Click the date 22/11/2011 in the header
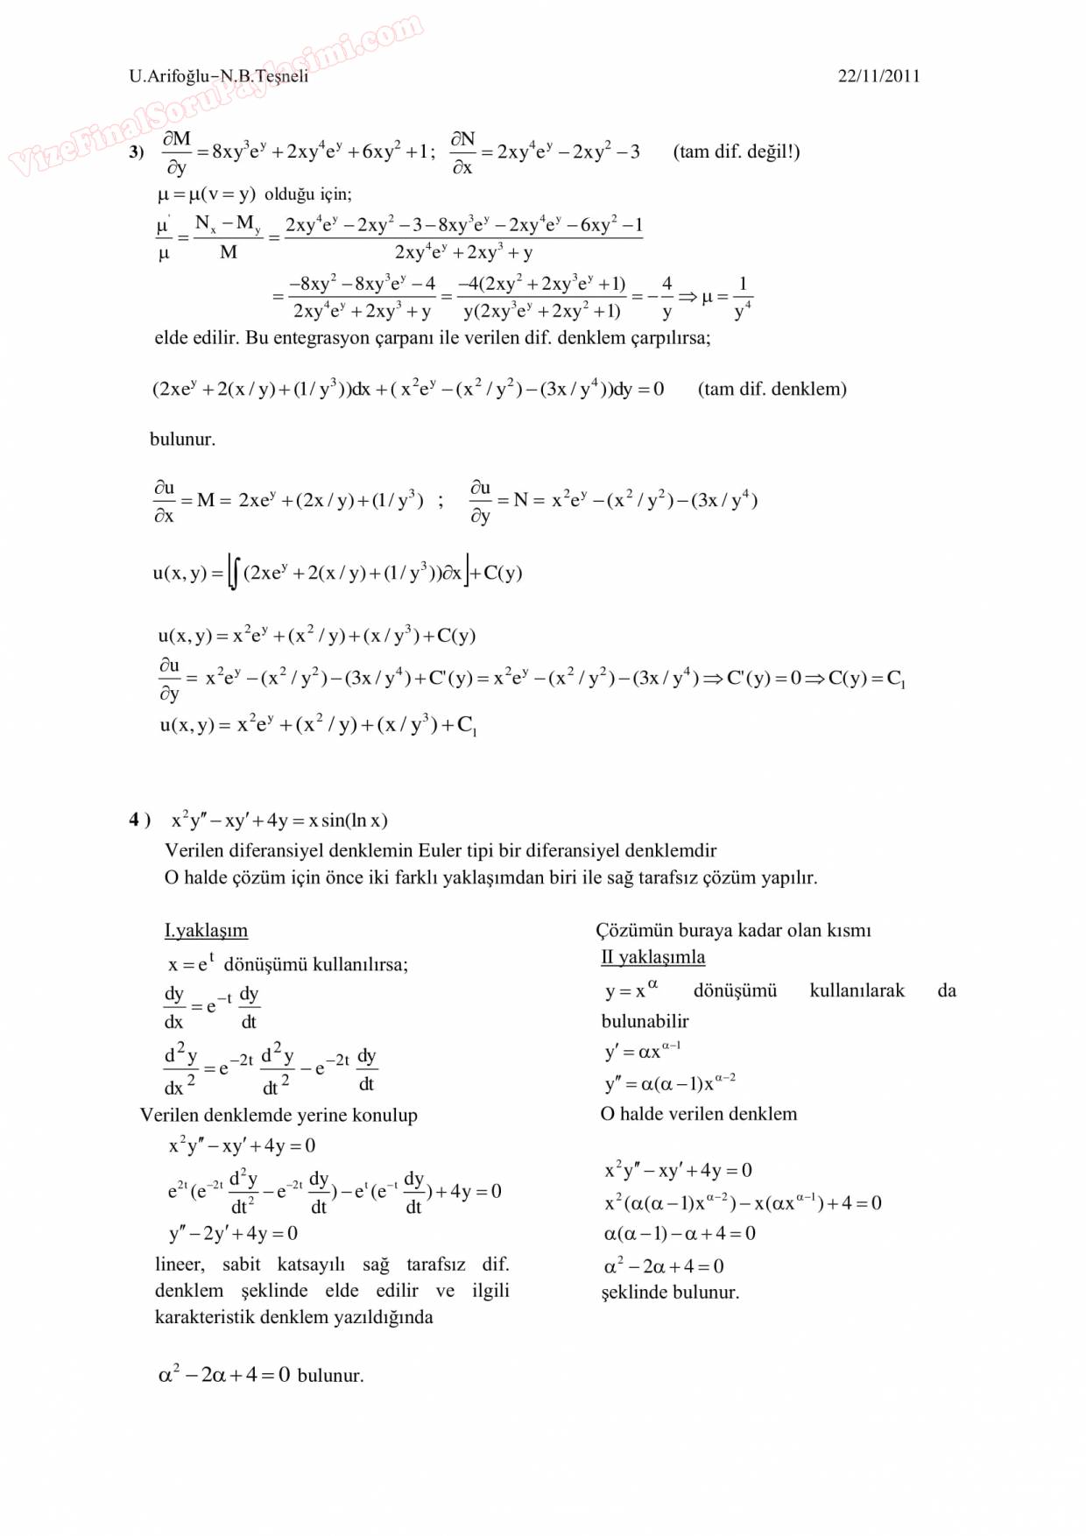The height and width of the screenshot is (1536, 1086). [x=878, y=76]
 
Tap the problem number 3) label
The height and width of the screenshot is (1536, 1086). [x=137, y=152]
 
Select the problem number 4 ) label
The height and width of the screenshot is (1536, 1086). [x=139, y=820]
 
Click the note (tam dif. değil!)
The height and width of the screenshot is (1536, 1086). [x=736, y=151]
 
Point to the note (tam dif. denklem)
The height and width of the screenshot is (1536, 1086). [x=772, y=389]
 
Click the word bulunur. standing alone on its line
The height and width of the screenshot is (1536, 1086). [x=182, y=440]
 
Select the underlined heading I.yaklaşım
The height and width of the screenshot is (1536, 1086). [x=206, y=930]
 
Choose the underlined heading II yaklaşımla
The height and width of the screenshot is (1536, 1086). [x=652, y=957]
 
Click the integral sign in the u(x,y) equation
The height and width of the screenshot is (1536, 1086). [x=234, y=574]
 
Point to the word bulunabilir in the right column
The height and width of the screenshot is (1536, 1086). [x=645, y=1021]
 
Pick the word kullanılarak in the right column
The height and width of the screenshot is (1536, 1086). [x=857, y=990]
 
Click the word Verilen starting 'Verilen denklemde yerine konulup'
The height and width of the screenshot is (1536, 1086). [x=169, y=1116]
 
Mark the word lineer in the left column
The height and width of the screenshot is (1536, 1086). [x=180, y=1265]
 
